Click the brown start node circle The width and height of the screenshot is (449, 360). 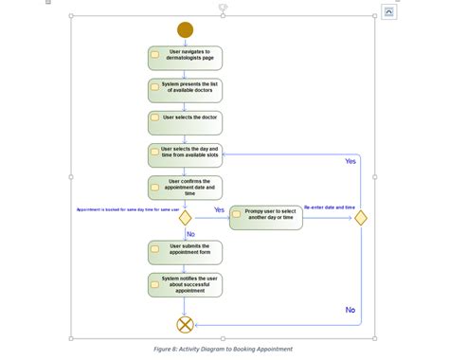click(x=185, y=29)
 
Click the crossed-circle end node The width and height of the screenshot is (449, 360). click(x=185, y=324)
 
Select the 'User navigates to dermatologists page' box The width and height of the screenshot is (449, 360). click(x=185, y=58)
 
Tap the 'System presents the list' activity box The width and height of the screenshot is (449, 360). click(x=185, y=90)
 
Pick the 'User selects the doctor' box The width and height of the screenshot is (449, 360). click(x=185, y=122)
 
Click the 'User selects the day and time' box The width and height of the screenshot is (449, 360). click(x=185, y=154)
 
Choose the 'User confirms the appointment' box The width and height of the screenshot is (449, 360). click(x=185, y=187)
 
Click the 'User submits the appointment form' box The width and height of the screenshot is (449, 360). click(x=185, y=251)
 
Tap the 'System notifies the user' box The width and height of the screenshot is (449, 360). click(x=185, y=283)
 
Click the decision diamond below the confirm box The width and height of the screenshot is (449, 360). click(x=185, y=218)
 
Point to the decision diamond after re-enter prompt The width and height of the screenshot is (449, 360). click(x=360, y=218)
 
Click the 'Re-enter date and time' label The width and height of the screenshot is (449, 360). click(x=330, y=207)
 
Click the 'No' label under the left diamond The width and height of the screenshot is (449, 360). click(x=190, y=234)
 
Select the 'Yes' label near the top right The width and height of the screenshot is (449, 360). click(x=350, y=162)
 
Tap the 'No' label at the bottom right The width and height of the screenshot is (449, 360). click(x=350, y=310)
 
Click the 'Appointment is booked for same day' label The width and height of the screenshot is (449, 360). click(x=127, y=209)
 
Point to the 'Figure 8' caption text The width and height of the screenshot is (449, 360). click(x=223, y=349)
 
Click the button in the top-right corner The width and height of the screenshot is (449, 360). click(x=388, y=11)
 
